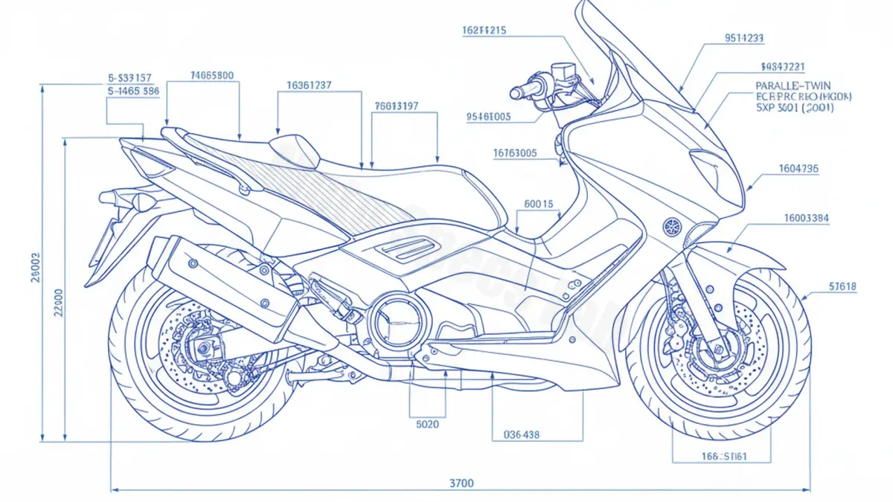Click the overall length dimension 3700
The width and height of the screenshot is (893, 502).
[461, 483]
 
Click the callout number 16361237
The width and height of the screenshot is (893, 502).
[309, 86]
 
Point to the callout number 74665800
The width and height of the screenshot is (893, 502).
[212, 75]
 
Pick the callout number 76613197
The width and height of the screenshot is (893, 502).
[397, 106]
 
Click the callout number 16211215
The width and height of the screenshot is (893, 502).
[484, 30]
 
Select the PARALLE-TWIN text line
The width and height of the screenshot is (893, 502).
[793, 86]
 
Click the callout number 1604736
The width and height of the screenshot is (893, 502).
[798, 169]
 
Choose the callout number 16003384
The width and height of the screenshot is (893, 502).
[807, 219]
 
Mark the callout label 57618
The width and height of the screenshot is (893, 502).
[842, 286]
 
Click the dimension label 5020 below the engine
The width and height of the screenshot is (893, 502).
[426, 425]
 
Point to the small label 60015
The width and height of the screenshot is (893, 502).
[539, 203]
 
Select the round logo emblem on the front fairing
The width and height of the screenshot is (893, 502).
[672, 225]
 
